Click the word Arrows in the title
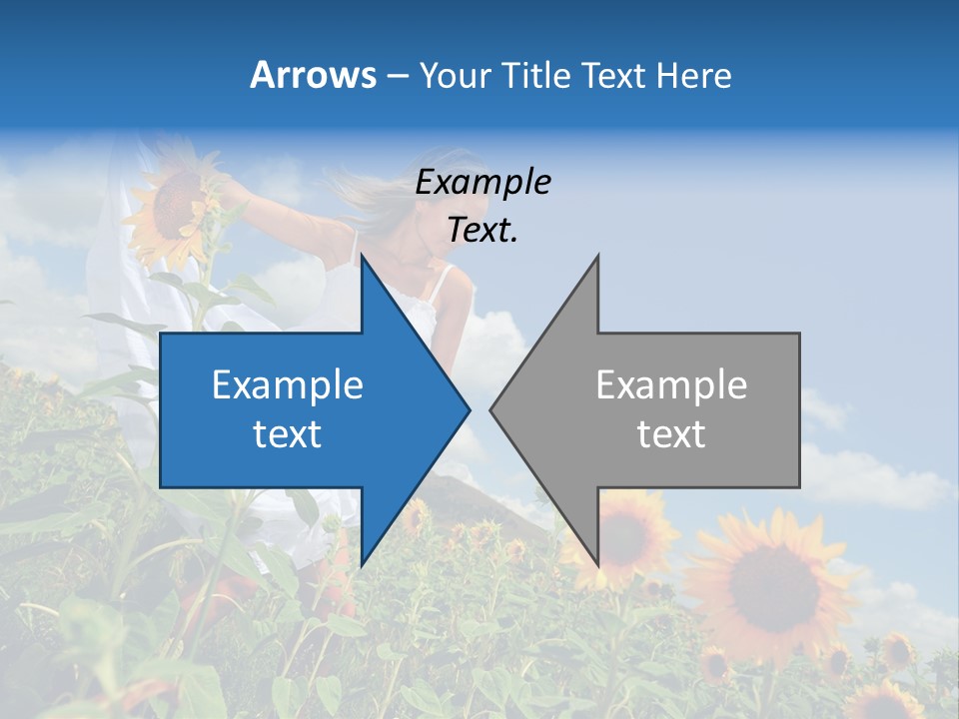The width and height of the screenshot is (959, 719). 313,75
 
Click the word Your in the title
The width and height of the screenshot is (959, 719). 453,76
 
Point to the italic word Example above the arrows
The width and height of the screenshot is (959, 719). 482,183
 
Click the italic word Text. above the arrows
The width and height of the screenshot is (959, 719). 482,231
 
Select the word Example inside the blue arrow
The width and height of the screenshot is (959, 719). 288,385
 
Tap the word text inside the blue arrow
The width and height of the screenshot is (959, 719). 288,434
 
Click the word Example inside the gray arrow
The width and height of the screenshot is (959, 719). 671,385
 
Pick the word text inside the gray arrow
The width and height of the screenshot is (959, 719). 671,434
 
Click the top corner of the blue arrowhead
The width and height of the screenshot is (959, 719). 362,257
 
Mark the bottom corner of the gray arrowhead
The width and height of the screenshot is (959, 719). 597,564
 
